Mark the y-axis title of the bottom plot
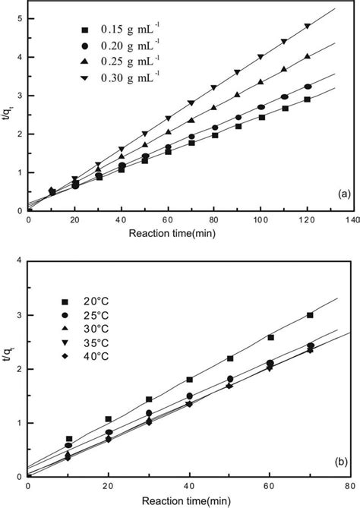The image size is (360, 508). (7, 369)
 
